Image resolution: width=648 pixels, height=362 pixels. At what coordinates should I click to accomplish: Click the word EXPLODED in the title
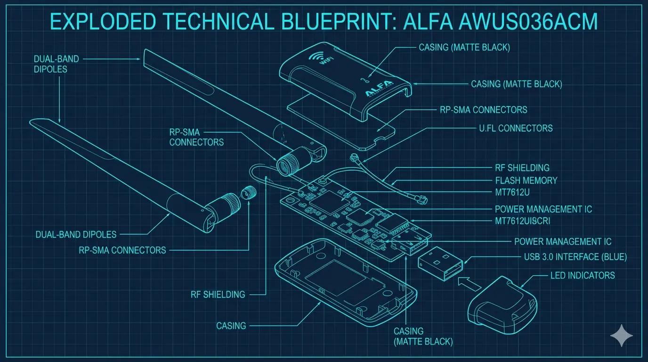point(103,21)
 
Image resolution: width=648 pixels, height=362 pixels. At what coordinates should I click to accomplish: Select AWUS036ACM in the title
point(528,21)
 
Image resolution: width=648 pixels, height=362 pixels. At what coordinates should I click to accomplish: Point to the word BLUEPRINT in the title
point(336,21)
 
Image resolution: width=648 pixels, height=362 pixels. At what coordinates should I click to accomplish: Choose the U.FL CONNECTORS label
point(516,128)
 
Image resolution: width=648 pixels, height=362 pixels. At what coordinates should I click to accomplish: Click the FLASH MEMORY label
point(526,181)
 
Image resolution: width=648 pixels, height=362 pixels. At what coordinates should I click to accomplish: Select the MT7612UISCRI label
point(522,221)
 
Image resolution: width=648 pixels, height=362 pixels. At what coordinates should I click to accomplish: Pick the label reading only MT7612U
point(512,192)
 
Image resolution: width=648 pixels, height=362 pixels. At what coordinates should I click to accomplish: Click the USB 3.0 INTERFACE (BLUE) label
point(575,257)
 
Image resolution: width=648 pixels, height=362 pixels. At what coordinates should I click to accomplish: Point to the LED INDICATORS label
point(583,275)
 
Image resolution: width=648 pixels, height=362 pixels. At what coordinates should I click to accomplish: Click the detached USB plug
point(440,263)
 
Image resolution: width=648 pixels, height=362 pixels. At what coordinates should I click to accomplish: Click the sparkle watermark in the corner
point(621,336)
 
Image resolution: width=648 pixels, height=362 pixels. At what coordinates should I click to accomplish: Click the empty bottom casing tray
point(346,283)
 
